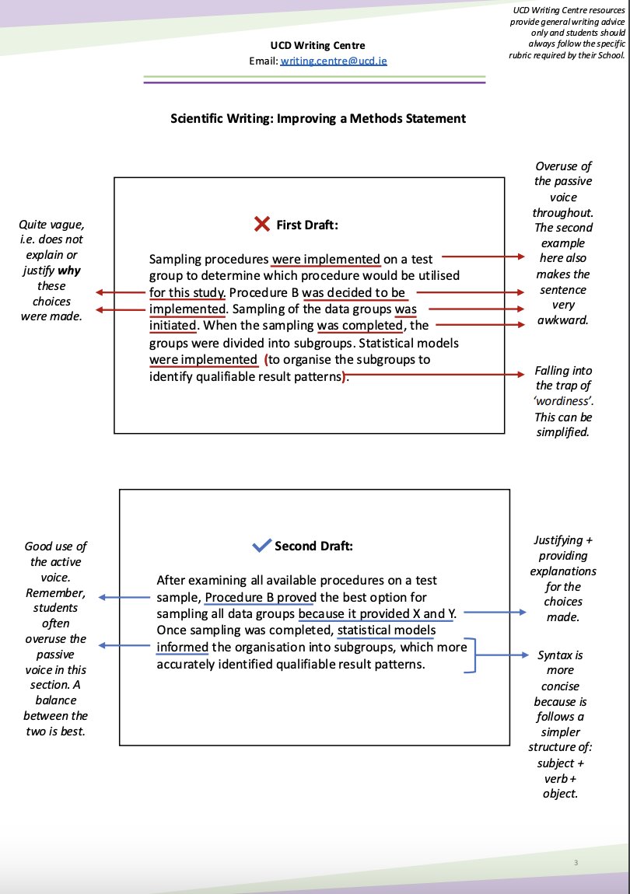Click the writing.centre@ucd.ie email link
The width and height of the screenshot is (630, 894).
(334, 60)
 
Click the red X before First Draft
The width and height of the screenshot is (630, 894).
(262, 225)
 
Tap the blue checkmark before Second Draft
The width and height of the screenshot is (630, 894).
(261, 546)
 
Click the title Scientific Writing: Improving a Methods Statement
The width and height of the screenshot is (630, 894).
(318, 118)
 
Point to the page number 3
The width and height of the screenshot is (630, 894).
(576, 863)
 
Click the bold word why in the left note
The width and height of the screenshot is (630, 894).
(69, 271)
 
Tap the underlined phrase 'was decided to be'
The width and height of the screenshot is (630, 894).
(354, 292)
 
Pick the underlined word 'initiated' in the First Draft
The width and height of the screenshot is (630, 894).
(173, 325)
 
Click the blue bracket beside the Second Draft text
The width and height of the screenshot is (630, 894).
(472, 655)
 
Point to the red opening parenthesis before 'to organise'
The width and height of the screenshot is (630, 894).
(266, 359)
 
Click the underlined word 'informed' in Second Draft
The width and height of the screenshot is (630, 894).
(182, 647)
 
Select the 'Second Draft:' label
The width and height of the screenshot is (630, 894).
(313, 546)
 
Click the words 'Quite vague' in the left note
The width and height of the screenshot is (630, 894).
(51, 225)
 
